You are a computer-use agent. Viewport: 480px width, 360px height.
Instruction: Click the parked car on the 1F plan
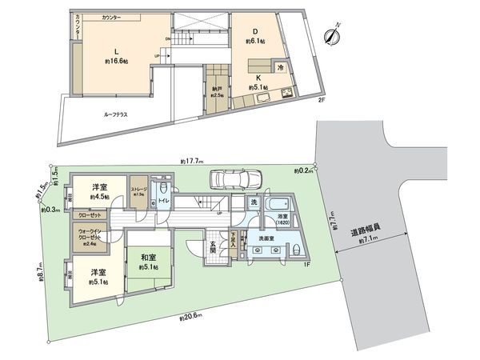(x=235, y=179)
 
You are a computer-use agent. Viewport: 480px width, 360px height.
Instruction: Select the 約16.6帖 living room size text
(x=117, y=60)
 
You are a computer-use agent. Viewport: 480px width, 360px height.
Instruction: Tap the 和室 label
(x=148, y=258)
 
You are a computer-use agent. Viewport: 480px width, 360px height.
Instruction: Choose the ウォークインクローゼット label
(x=90, y=237)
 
